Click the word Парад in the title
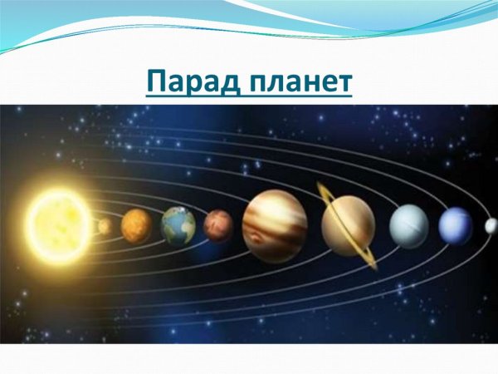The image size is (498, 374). click(x=190, y=83)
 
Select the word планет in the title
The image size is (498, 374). click(x=298, y=83)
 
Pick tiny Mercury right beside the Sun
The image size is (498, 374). click(x=105, y=226)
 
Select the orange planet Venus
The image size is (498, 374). click(x=135, y=224)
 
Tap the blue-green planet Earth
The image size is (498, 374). click(x=178, y=224)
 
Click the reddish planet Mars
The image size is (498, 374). click(x=218, y=224)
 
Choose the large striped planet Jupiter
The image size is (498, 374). click(x=275, y=224)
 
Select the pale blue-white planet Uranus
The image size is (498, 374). click(x=408, y=224)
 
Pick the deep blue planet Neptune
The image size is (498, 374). click(x=455, y=225)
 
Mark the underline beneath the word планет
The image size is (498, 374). click(x=298, y=97)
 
